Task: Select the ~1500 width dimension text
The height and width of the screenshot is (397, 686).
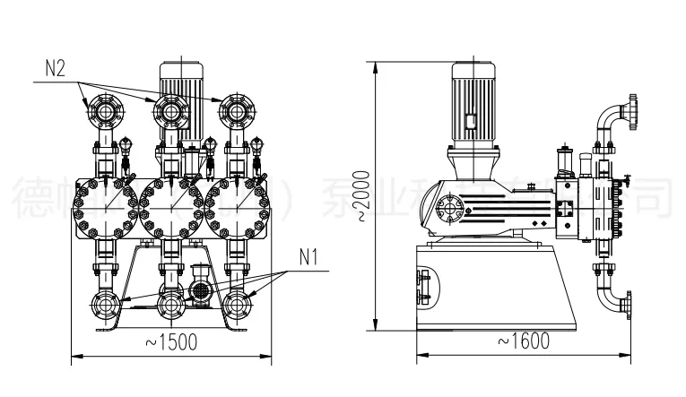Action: (168, 341)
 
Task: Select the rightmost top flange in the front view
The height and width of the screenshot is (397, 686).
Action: (236, 112)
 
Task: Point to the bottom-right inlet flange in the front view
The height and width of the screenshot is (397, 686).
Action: (236, 305)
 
